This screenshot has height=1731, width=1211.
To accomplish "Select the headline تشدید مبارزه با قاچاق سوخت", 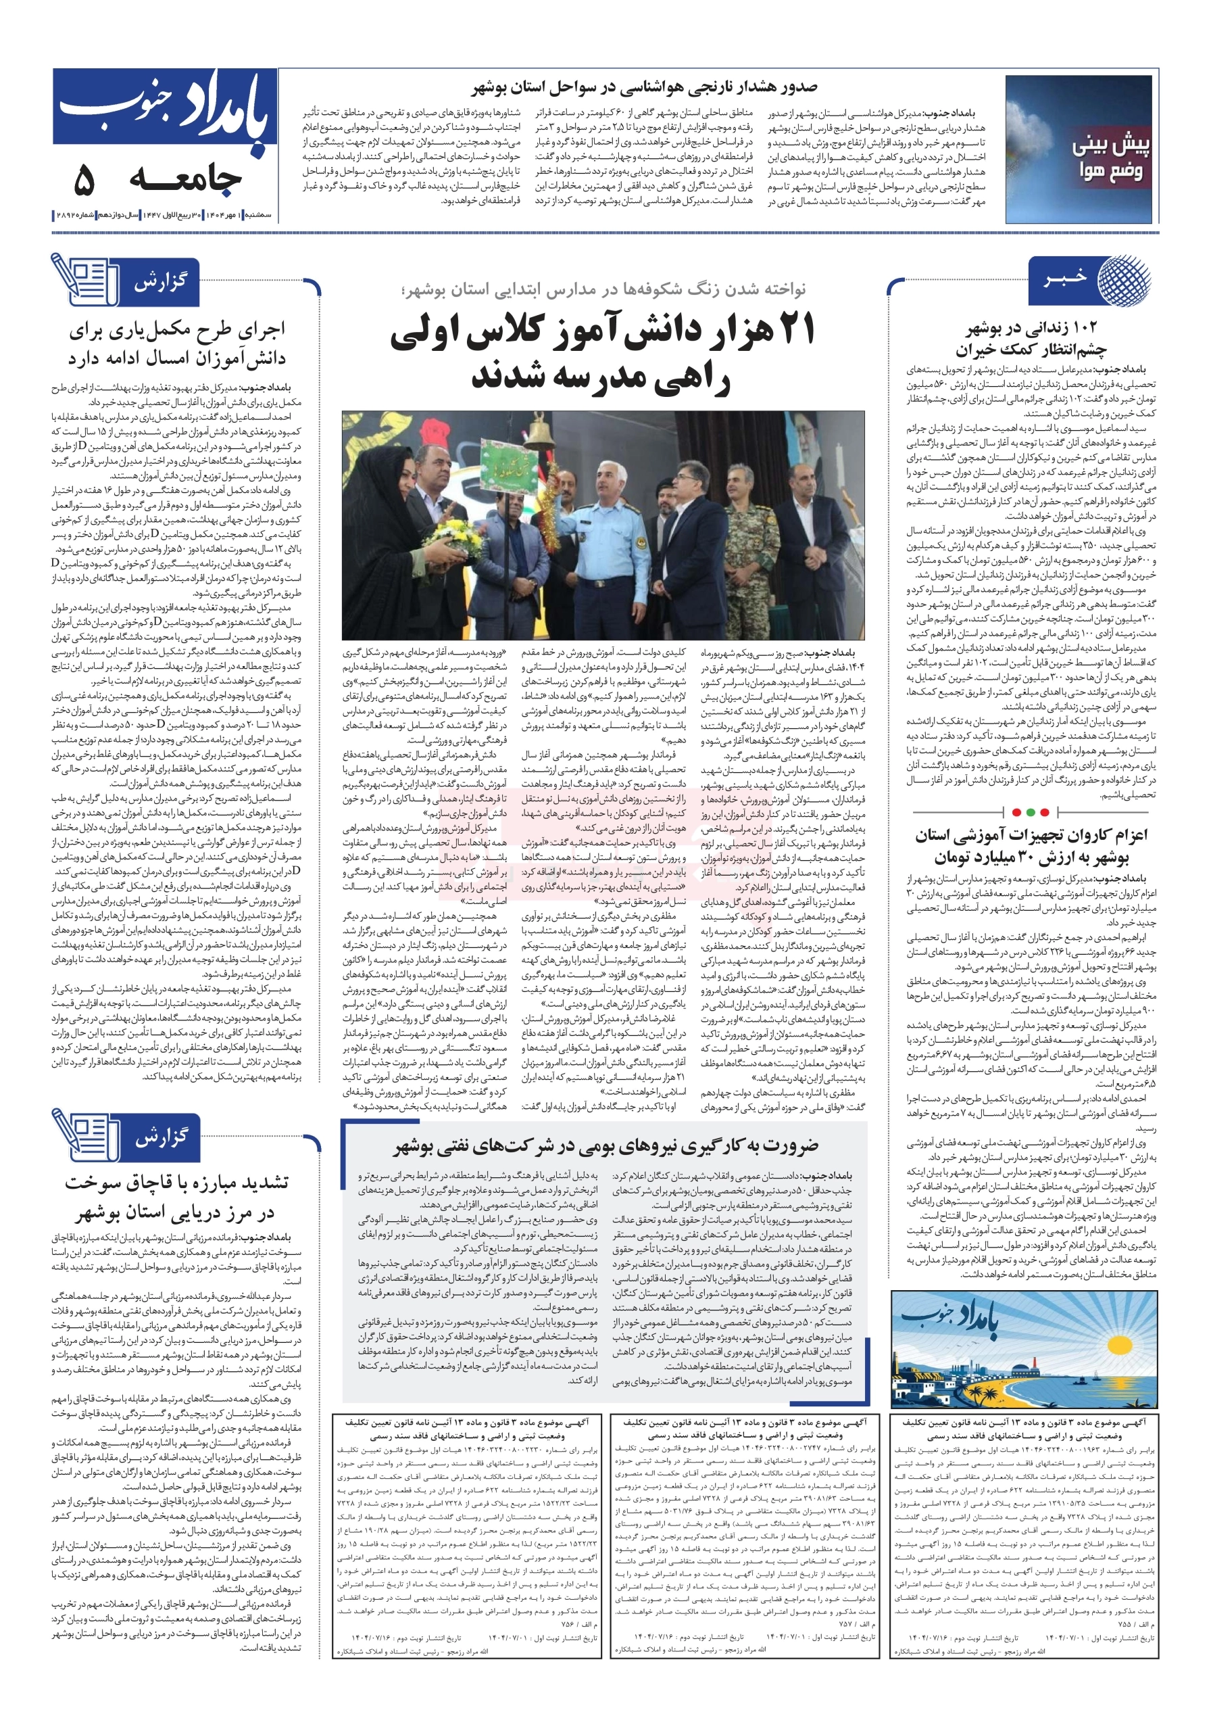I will pos(177,1181).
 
